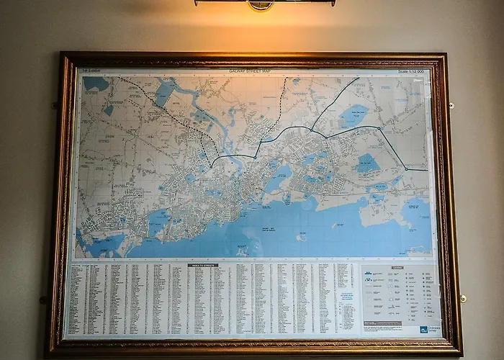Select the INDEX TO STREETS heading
tap(202, 265)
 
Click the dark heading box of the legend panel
tap(397, 268)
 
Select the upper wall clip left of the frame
tap(55, 106)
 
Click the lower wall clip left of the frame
tap(44, 300)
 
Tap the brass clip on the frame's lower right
tap(463, 298)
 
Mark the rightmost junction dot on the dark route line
tap(406, 169)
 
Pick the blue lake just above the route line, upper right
tap(353, 114)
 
